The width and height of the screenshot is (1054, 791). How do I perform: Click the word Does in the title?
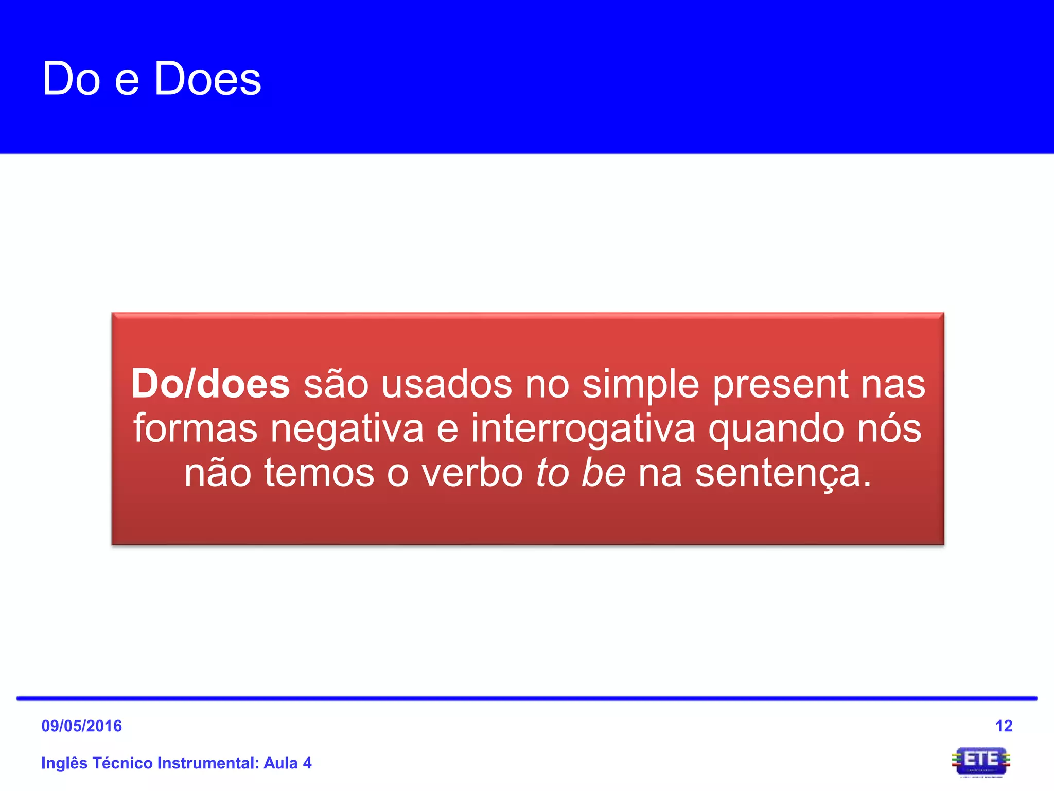tap(208, 79)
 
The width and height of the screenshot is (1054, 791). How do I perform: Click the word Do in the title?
tap(71, 79)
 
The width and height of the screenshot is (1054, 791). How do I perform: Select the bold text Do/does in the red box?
tap(210, 384)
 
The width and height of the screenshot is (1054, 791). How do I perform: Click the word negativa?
tap(347, 429)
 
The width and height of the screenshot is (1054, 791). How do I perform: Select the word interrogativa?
tap(583, 429)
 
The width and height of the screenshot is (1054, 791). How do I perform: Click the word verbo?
tap(472, 473)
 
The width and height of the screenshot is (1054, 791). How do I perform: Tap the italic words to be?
tap(581, 473)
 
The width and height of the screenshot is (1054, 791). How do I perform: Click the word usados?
tap(447, 384)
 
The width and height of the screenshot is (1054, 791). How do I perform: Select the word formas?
tap(196, 429)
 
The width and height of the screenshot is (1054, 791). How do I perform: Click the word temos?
tap(319, 473)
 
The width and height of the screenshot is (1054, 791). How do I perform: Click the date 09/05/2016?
tap(81, 726)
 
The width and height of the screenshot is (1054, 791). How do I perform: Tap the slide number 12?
tap(1004, 726)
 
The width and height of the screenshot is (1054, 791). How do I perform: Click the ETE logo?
tap(981, 761)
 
